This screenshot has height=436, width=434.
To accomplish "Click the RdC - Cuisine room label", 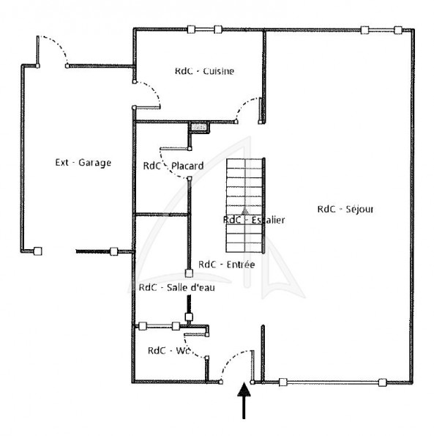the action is (x=204, y=71).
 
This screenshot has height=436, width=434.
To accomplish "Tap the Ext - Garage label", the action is (x=83, y=163).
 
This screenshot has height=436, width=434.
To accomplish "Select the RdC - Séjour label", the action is (x=345, y=209).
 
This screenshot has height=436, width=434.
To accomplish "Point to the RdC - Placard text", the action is (x=173, y=166).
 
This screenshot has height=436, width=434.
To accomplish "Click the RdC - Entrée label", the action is (x=227, y=264).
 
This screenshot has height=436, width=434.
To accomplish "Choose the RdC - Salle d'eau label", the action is (x=177, y=287).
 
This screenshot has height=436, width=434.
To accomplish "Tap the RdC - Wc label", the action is (x=169, y=351).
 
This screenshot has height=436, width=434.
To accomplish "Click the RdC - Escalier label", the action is (x=254, y=220).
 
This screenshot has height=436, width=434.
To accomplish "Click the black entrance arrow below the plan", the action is (x=244, y=400).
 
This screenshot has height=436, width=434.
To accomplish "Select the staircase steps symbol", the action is (x=244, y=205).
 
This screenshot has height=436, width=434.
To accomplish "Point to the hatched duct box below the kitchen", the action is (x=199, y=128).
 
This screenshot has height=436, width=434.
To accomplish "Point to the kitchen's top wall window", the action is (x=205, y=29).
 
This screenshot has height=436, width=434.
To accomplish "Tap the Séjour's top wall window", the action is (x=381, y=30).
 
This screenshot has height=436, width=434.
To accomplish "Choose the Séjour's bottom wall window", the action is (x=332, y=383).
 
